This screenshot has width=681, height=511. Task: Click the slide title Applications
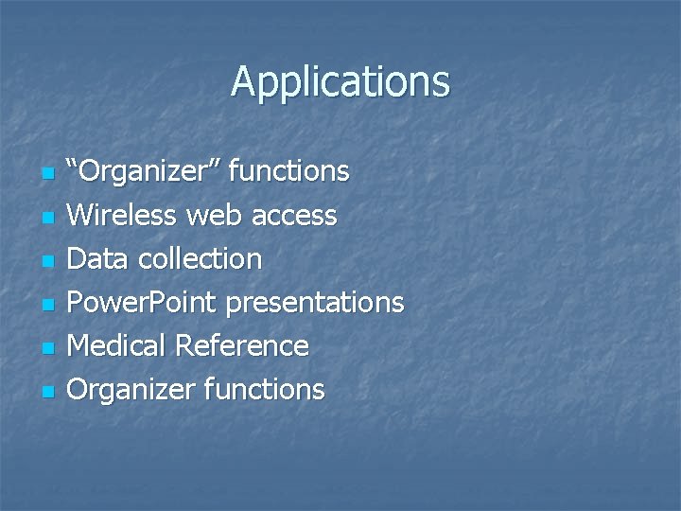tap(340, 81)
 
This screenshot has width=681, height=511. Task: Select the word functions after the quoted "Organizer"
tap(289, 172)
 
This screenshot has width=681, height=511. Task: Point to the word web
tap(213, 216)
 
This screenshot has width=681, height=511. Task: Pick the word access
tap(292, 216)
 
